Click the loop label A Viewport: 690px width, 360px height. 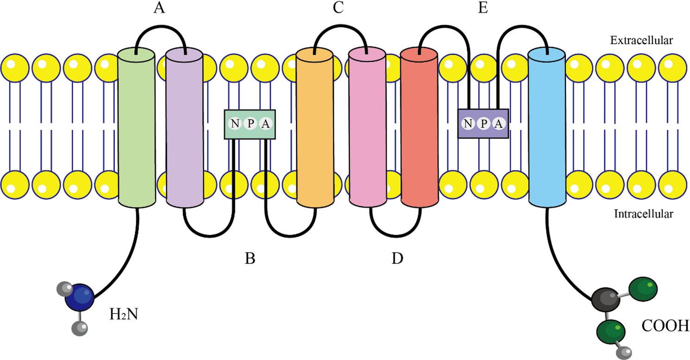pyautogui.click(x=160, y=9)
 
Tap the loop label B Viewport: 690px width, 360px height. pyautogui.click(x=250, y=259)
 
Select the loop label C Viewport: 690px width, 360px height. pyautogui.click(x=337, y=9)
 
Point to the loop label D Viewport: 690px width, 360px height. pyautogui.click(x=397, y=259)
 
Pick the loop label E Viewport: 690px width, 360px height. pyautogui.click(x=483, y=9)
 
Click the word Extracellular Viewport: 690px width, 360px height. pyautogui.click(x=642, y=40)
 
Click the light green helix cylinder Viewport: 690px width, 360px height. pyautogui.click(x=136, y=127)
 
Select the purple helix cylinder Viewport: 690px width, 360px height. pyautogui.click(x=184, y=127)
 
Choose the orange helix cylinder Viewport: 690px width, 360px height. pyautogui.click(x=315, y=127)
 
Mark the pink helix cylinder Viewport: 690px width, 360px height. pyautogui.click(x=367, y=127)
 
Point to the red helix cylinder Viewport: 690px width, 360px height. pyautogui.click(x=419, y=127)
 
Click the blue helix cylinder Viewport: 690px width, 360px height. pyautogui.click(x=547, y=127)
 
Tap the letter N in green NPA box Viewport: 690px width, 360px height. pyautogui.click(x=235, y=124)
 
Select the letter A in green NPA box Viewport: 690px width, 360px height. pyautogui.click(x=265, y=124)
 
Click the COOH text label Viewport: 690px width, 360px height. pyautogui.click(x=665, y=325)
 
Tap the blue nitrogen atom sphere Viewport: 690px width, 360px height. pyautogui.click(x=79, y=297)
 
